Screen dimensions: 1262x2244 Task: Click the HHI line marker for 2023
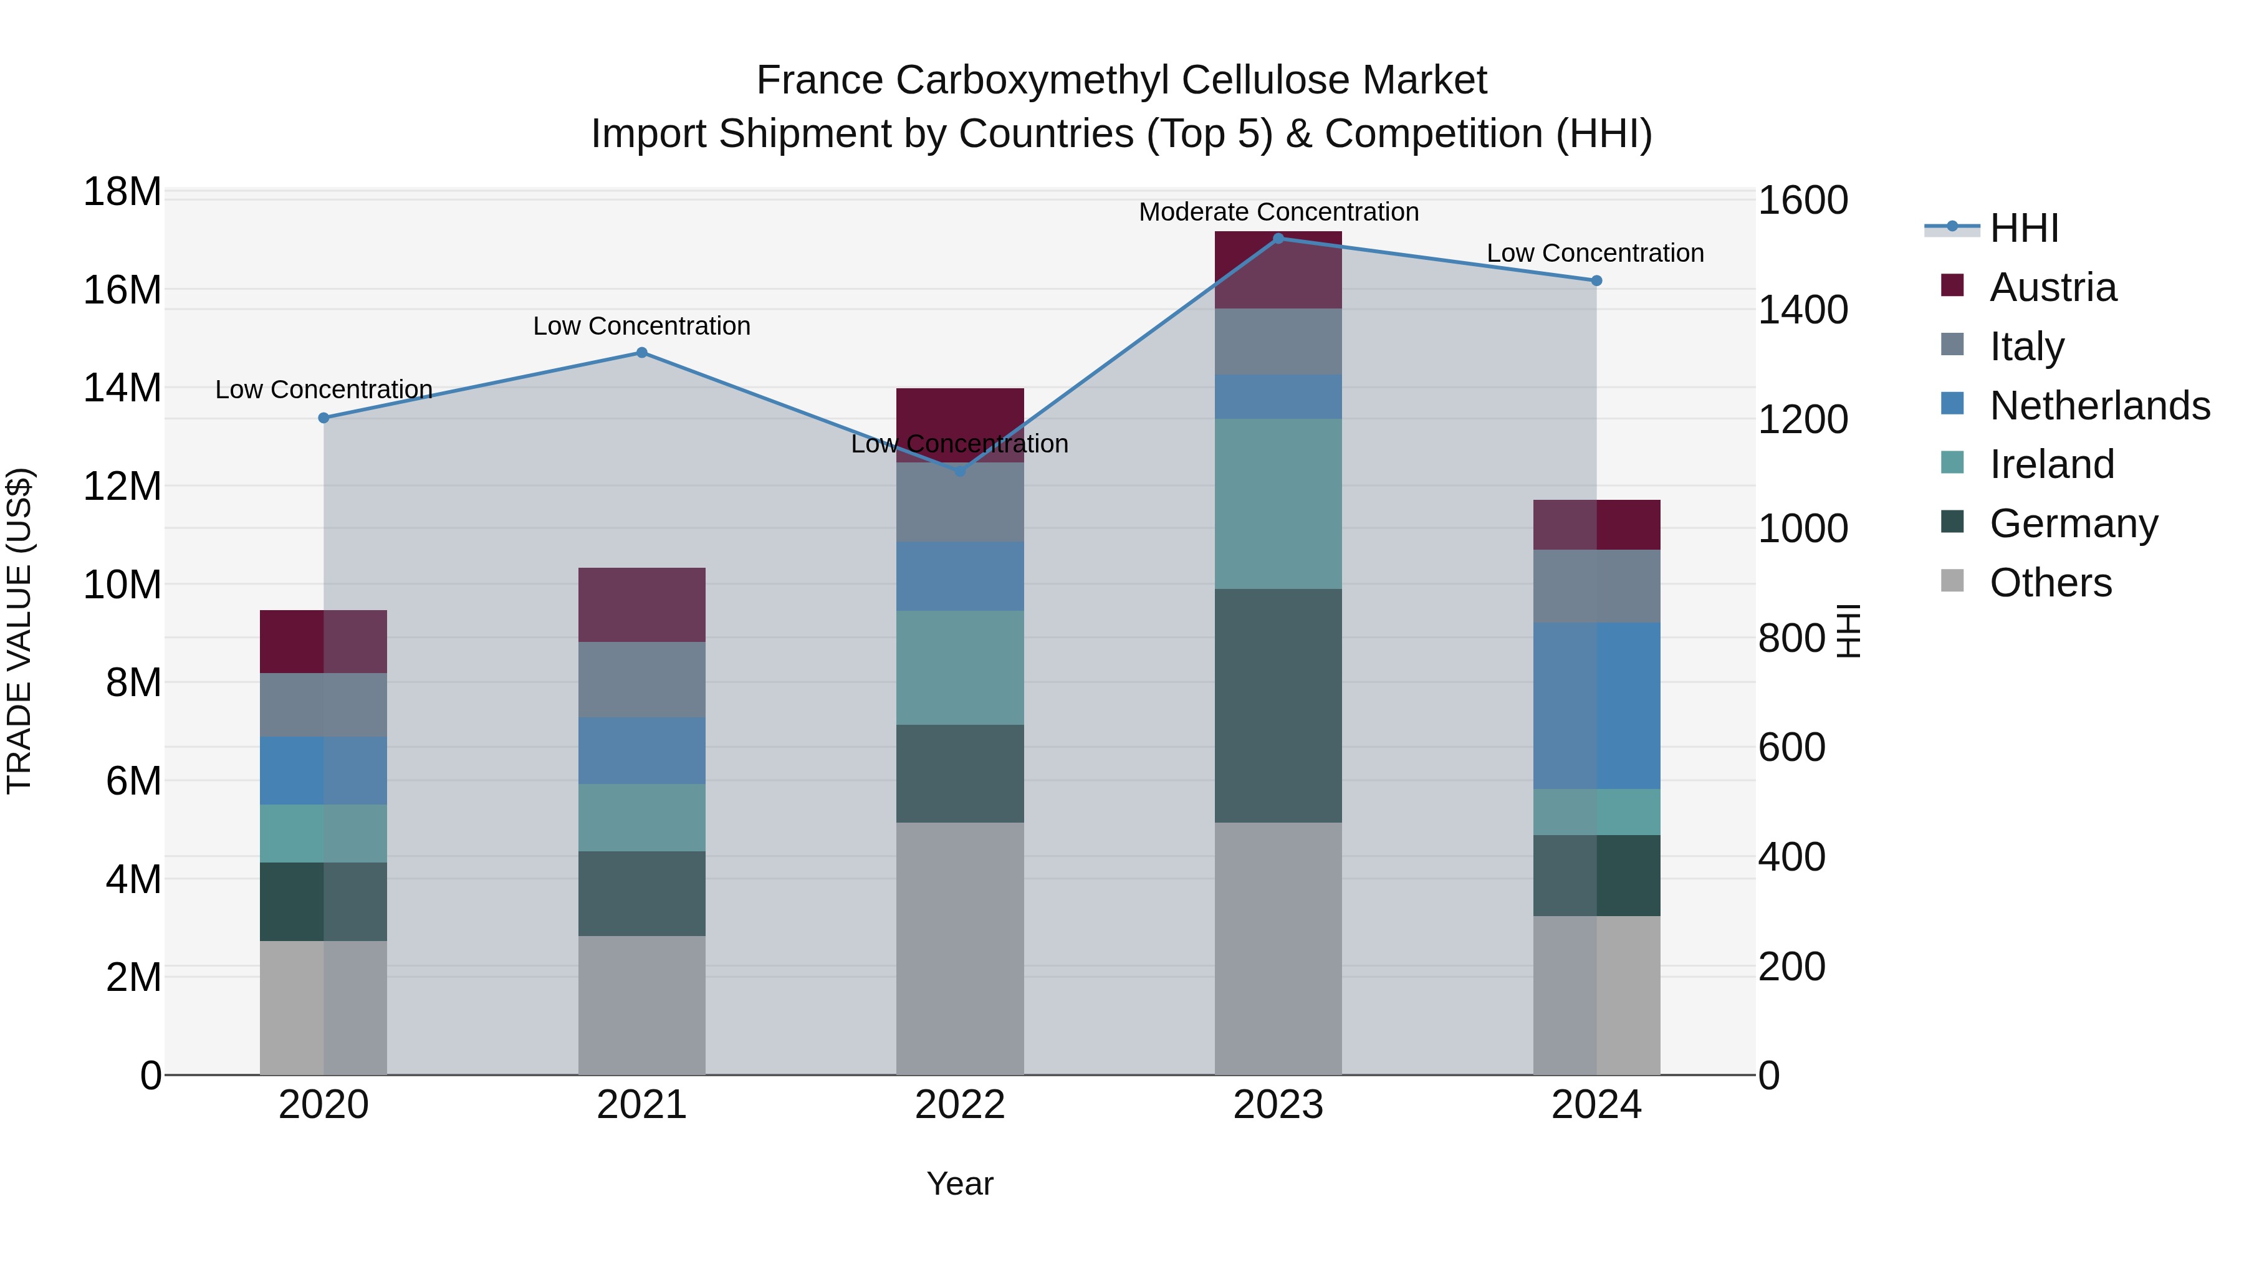click(1278, 238)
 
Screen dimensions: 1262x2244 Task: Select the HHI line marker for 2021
click(642, 353)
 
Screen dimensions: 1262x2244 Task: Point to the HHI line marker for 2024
click(1596, 280)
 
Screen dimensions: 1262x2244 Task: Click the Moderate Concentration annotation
click(1278, 212)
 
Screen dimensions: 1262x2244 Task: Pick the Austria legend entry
click(2053, 287)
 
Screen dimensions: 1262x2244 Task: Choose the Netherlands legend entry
click(2099, 406)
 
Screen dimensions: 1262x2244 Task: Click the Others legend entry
click(2051, 583)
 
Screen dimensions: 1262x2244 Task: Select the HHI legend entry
click(2023, 228)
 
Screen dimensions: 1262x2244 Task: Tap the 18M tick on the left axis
click(122, 191)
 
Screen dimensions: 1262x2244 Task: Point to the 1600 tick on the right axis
click(1802, 200)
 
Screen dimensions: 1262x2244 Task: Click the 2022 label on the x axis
click(960, 1105)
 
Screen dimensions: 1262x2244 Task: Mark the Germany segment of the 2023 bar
click(1278, 705)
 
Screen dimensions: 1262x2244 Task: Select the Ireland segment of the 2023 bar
click(1278, 504)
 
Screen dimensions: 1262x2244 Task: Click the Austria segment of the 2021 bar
click(642, 605)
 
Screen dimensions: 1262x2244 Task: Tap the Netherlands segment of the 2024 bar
click(1596, 705)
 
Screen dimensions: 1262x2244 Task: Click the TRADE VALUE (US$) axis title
click(19, 631)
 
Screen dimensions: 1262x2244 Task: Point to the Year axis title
click(960, 1183)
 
